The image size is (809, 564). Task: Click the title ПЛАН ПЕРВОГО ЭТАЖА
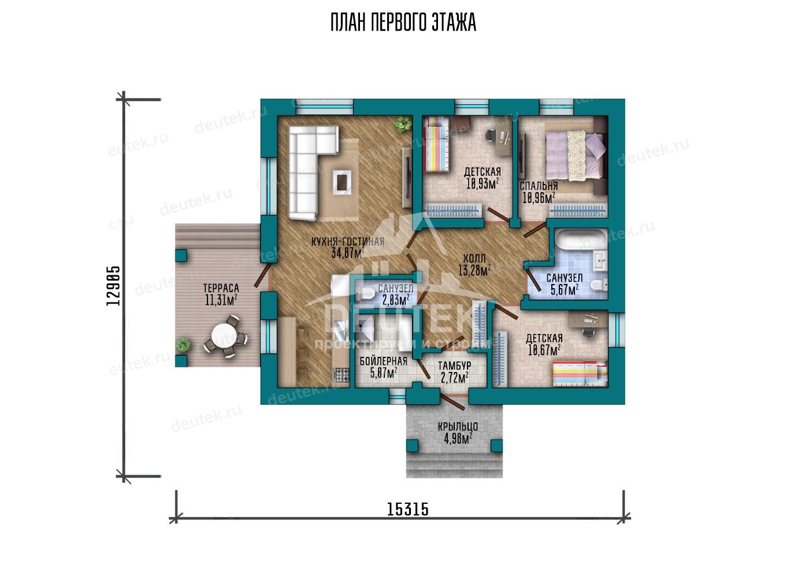[x=403, y=23]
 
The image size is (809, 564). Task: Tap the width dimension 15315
[x=408, y=510]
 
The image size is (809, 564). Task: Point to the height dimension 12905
[x=113, y=286]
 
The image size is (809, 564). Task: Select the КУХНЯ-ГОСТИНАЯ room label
[x=348, y=242]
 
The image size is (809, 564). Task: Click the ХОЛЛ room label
[x=474, y=259]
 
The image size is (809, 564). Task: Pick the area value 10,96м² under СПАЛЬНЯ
[x=539, y=198]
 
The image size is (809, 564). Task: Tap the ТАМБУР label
[x=454, y=366]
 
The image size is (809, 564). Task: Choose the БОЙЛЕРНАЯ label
[x=384, y=361]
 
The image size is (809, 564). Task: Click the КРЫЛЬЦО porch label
[x=458, y=427]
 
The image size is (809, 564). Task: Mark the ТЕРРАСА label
[x=221, y=288]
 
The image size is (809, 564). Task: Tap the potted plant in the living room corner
[x=403, y=124]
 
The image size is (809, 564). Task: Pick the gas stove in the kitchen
[x=342, y=375]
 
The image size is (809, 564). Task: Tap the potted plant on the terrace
[x=184, y=344]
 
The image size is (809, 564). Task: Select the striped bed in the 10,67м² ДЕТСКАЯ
[x=580, y=374]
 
